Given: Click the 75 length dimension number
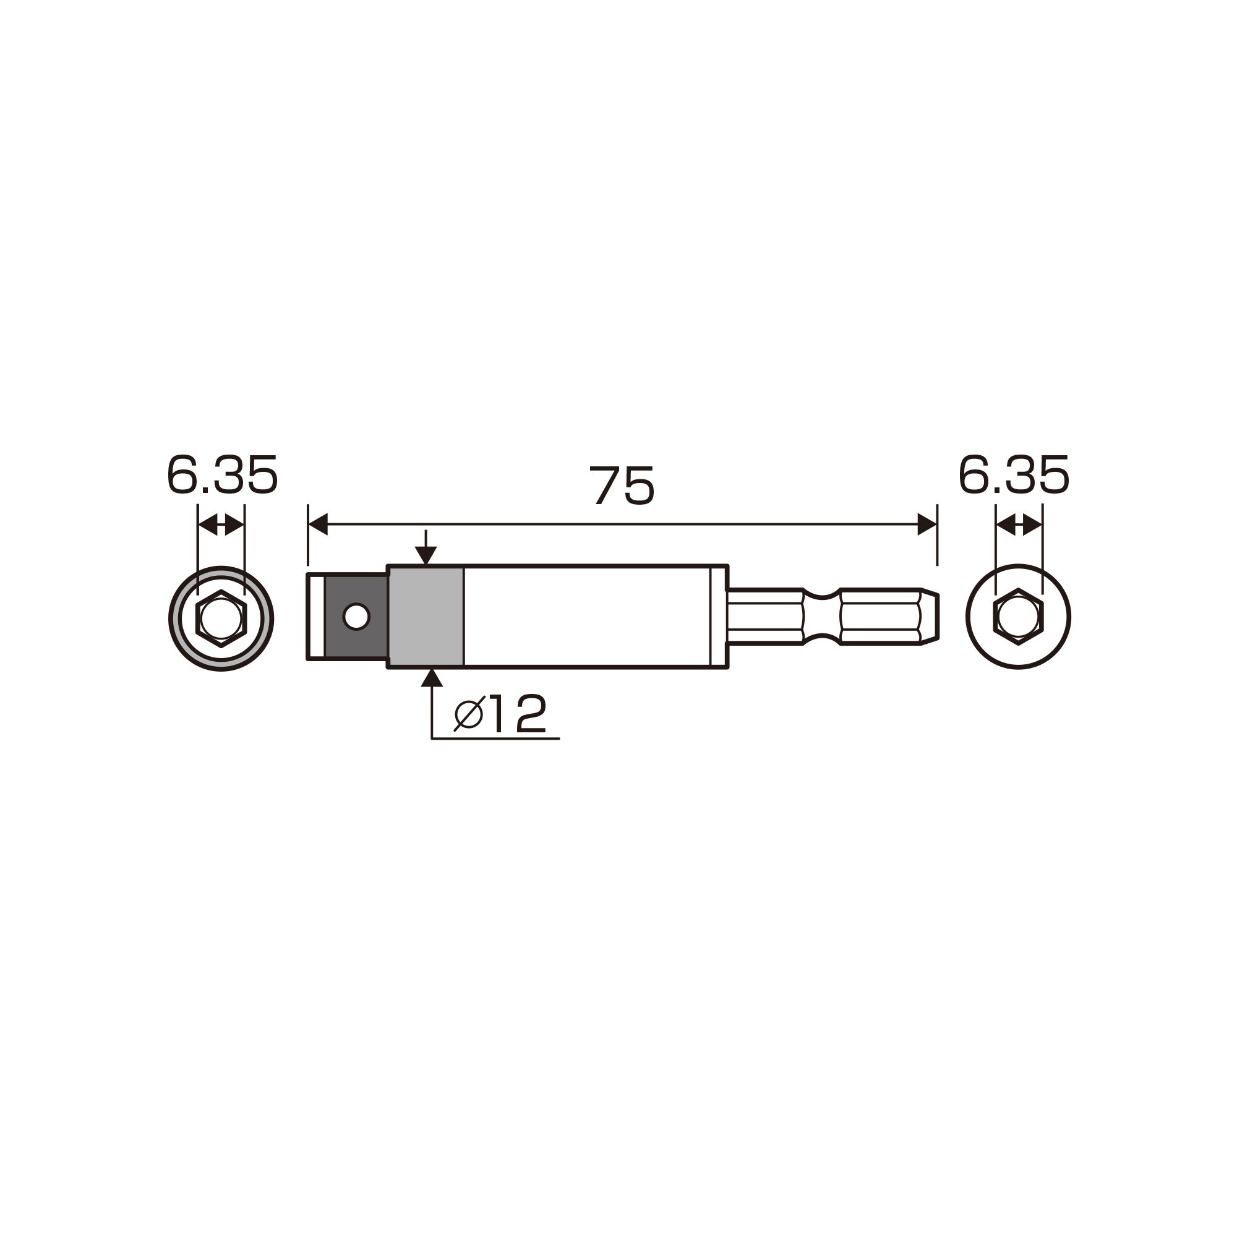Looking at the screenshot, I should (x=622, y=486).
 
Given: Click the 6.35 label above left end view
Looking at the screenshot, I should (x=221, y=475).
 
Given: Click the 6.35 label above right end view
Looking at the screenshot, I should (x=1014, y=475).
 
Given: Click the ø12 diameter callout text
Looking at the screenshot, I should (x=500, y=713).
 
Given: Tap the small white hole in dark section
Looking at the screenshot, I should (x=356, y=617).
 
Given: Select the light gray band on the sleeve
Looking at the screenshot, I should (x=426, y=617).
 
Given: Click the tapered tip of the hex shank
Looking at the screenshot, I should (x=930, y=617).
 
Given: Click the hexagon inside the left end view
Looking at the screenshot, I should (x=221, y=618).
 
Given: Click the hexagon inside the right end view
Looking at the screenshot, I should (x=1018, y=617).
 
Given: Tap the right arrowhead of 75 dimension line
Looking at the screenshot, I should (x=927, y=524).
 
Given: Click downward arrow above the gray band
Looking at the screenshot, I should (x=426, y=554).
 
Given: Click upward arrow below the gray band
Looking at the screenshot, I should (x=432, y=677).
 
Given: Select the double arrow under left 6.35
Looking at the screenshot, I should (x=221, y=526).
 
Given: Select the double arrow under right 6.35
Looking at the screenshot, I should (x=1019, y=526).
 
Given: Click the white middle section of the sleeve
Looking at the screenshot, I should (x=586, y=617).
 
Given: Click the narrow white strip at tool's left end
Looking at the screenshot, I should (x=316, y=617).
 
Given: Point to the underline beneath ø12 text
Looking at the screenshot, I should (x=495, y=738).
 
